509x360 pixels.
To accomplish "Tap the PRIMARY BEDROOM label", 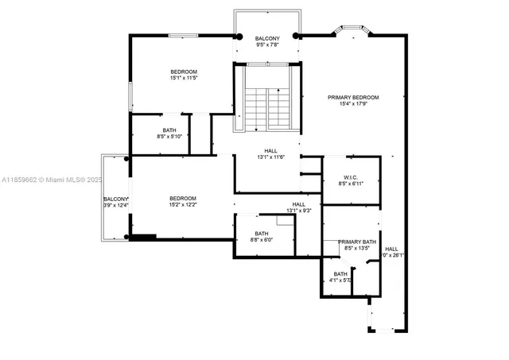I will pos(353,97).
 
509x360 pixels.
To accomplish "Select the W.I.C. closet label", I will pos(351,176).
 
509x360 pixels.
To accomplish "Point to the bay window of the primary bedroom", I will pos(350,31).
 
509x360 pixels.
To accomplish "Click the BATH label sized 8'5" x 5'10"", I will pos(169,130).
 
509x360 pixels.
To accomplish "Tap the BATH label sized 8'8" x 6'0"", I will pos(262,233).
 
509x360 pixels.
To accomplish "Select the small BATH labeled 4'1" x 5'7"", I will pos(340,273).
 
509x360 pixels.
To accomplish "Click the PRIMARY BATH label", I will pos(357,242).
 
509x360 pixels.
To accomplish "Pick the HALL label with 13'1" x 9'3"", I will pos(298,204).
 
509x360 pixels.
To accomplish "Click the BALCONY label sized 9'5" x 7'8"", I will pos(267,39).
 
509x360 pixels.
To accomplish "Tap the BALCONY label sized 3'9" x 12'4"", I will pos(115,199).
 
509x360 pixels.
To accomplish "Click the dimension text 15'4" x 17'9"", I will pos(353,104).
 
